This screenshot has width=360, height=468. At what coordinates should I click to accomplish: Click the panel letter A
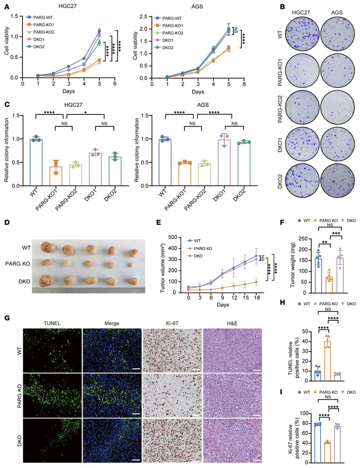5,6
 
